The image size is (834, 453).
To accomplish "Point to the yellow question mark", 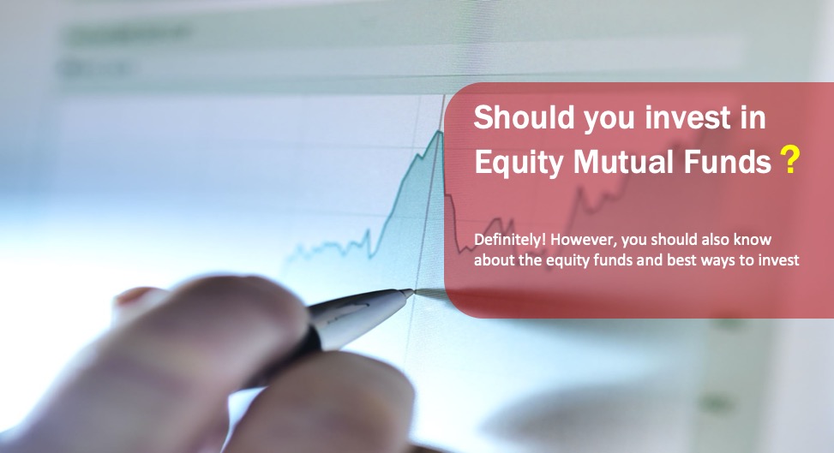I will coord(790,160).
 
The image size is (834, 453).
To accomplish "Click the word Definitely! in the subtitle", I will coord(507,240).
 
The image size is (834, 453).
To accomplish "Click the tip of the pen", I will coord(411,293).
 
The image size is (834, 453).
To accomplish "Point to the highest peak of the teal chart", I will coord(440,131).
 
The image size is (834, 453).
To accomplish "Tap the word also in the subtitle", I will coord(718,240).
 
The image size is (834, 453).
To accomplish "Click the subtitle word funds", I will coord(605,260).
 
